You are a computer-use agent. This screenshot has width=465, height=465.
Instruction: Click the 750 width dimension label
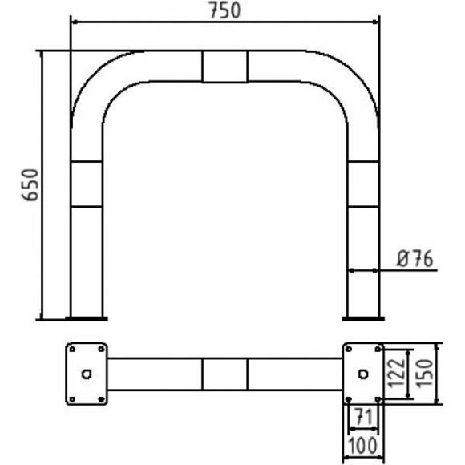[224, 10]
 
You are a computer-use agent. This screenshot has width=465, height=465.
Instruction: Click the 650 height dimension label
[30, 185]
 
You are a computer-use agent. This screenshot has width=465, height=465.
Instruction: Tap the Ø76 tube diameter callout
[414, 259]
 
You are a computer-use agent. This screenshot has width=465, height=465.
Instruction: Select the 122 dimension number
[396, 373]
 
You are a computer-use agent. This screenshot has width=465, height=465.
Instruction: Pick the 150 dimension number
[424, 373]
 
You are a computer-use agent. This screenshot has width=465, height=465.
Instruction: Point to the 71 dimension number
[363, 416]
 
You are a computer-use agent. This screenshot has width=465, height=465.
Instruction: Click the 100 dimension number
[362, 446]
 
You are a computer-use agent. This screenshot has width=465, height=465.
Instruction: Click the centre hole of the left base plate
[87, 374]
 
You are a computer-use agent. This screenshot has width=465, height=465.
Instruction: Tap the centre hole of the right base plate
[363, 374]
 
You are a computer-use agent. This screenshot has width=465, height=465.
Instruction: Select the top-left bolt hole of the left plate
[72, 350]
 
